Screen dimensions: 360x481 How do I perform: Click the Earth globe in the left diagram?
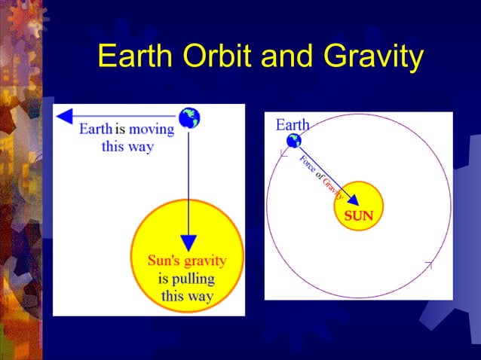coord(189,117)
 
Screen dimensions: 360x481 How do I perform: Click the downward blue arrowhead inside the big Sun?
coord(189,243)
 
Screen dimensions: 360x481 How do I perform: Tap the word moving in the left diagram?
coord(151,129)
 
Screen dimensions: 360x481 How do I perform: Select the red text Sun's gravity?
coord(186,261)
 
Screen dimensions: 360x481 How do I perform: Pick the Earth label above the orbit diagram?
coord(292,124)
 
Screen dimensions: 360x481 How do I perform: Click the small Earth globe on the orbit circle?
coord(293,141)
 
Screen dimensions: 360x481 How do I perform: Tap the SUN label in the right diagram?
coord(359,215)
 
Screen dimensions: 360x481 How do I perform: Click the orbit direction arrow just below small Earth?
coord(283,154)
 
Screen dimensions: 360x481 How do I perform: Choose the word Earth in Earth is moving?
coord(96,129)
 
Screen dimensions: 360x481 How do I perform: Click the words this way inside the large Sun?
coord(187,295)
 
